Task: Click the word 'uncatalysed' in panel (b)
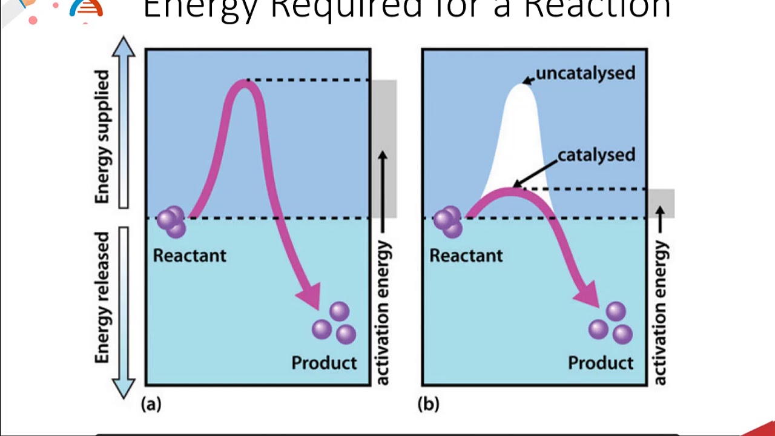(x=585, y=73)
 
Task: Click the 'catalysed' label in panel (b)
(x=596, y=155)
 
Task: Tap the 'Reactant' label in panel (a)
(x=190, y=256)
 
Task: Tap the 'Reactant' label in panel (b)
(x=466, y=256)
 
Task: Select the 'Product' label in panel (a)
(x=324, y=363)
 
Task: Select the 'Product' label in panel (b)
(x=601, y=363)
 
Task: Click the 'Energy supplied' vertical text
(x=102, y=136)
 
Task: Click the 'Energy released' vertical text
(x=103, y=297)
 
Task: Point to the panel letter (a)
(x=151, y=404)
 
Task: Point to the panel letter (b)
(x=428, y=404)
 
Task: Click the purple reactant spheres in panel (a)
(x=172, y=222)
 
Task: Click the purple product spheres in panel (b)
(x=611, y=324)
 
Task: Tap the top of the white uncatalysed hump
(x=522, y=86)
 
